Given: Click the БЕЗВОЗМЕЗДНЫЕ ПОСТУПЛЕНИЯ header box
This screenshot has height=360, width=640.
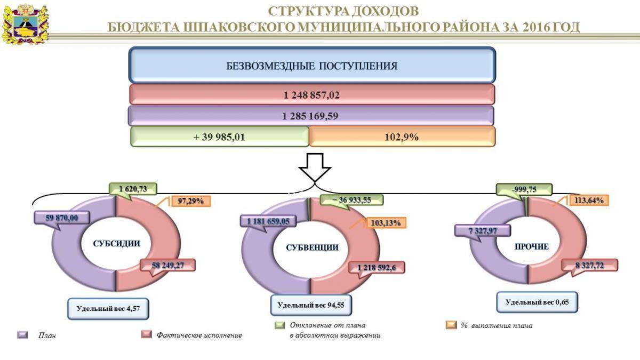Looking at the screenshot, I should coord(312,66).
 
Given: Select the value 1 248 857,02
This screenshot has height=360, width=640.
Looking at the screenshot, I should coord(312,95).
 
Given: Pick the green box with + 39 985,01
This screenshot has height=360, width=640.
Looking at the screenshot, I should coord(219,137).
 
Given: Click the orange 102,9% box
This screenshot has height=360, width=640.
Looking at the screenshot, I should coord(402,137).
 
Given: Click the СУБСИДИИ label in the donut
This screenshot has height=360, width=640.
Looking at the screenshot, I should coord(116,244).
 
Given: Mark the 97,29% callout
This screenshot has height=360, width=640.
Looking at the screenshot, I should coord(191,201).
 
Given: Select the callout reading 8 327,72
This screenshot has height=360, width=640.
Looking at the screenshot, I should coord(590,265).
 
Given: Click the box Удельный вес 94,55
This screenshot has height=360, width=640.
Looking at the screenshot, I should coord(311,306).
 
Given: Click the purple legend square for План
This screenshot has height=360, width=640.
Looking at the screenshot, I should coord(22,335).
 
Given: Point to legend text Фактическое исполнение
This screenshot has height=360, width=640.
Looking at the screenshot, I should coord(200,335).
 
